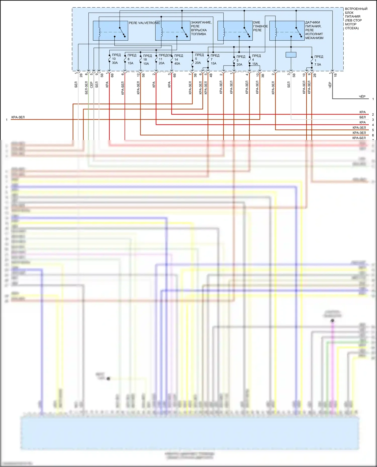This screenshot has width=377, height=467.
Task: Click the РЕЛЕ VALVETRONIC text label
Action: coord(144,23)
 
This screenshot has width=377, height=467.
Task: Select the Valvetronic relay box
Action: coord(110,31)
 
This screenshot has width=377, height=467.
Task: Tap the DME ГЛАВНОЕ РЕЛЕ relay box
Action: coord(235,31)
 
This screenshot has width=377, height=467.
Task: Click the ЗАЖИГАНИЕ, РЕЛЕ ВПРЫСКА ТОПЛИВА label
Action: coord(201,28)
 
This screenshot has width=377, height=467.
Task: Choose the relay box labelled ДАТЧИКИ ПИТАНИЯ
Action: coord(287,31)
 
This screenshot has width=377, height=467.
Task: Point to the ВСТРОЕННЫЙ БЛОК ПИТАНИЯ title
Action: coord(356,18)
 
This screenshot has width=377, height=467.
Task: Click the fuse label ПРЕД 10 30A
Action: coord(116,59)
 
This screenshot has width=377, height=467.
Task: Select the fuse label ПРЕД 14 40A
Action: coord(178,59)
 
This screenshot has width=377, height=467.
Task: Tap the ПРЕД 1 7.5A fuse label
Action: coord(318,60)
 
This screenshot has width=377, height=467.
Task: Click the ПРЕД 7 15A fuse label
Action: coord(214,59)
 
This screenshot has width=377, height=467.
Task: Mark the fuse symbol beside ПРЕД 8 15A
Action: coord(125,59)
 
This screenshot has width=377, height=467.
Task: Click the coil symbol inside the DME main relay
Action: coord(224,32)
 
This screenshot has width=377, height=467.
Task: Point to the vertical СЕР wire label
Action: coord(91,85)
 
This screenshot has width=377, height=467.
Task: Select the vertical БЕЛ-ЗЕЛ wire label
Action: coord(86,88)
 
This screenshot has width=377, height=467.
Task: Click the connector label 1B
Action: coord(335,75)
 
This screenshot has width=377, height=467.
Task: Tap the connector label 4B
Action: coord(211,75)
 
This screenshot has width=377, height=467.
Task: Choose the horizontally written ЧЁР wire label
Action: coord(362,97)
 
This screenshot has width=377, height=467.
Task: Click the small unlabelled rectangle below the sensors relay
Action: coord(291,55)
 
